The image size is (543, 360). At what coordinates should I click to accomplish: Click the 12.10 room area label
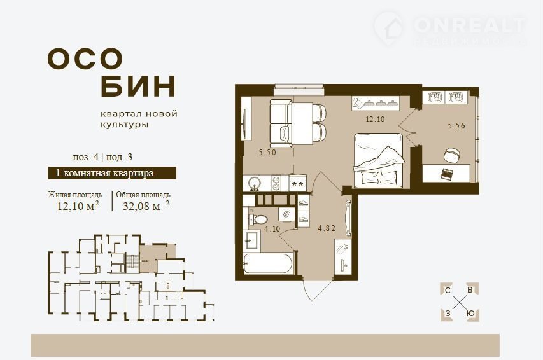coord(375,120)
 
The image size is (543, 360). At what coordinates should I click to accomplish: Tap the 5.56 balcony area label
coord(456,126)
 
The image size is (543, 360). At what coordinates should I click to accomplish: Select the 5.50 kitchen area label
coord(267,152)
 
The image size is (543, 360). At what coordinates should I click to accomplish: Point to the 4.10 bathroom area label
coord(272,228)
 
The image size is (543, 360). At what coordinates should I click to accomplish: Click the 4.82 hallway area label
coord(327,228)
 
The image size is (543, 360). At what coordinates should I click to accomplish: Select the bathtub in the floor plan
coord(268,264)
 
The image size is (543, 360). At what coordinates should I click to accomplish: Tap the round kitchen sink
coord(256,183)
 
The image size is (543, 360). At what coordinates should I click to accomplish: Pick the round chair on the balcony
coord(452,155)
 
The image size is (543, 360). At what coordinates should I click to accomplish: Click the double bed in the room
coord(379,160)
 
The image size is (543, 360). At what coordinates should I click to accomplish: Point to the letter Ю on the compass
coord(470,314)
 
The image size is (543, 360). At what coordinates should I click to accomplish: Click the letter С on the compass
coord(448,291)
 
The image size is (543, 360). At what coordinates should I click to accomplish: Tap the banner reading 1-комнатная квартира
coord(112,173)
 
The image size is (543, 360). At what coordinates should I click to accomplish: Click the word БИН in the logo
coord(138,86)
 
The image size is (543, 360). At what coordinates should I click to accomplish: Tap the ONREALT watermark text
coord(470,25)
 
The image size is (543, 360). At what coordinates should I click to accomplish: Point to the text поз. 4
coord(85,157)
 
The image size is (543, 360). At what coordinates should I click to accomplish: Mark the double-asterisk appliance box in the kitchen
coord(297,183)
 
